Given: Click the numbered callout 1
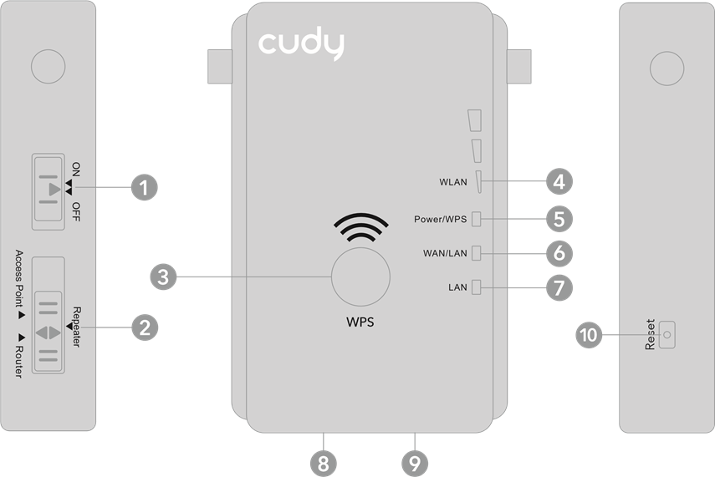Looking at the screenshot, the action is [144, 187].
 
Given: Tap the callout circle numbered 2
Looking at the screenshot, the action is [145, 327].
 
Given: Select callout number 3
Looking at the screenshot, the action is [163, 277].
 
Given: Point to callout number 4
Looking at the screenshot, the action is [559, 181].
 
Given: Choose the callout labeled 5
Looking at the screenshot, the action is [559, 219].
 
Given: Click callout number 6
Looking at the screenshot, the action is [559, 253].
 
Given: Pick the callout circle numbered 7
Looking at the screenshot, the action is [559, 287].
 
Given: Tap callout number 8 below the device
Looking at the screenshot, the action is [324, 464].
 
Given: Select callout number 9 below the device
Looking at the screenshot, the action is [415, 464].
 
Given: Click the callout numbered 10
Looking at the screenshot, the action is [589, 335].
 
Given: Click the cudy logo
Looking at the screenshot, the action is [301, 43].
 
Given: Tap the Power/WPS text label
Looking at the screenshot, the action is [440, 219].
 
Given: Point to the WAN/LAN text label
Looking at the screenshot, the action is [445, 253].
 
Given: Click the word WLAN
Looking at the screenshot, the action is [452, 182].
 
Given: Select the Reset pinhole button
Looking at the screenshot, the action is [666, 335].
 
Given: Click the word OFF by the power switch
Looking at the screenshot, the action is [76, 212].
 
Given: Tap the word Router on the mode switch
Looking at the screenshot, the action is [18, 361].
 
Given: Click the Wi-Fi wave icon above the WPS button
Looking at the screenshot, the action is [360, 227].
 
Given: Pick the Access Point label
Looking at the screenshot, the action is [18, 278].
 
